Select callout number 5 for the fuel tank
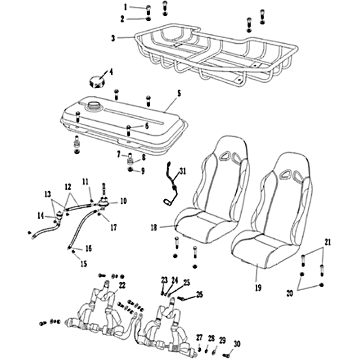[x=179, y=94]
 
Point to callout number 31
[x=183, y=171]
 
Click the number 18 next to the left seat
[x=154, y=228]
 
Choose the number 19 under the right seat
[x=257, y=287]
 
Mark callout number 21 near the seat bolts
[x=328, y=242]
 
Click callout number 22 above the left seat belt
[x=122, y=285]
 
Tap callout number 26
[x=199, y=295]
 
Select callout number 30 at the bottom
[x=237, y=344]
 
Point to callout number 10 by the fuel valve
[x=123, y=201]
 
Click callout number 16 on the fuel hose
[x=88, y=248]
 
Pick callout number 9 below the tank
[x=143, y=171]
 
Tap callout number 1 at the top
[x=126, y=7]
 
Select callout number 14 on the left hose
[x=40, y=216]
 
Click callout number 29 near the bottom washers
[x=222, y=340]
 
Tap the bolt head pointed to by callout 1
[x=148, y=8]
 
